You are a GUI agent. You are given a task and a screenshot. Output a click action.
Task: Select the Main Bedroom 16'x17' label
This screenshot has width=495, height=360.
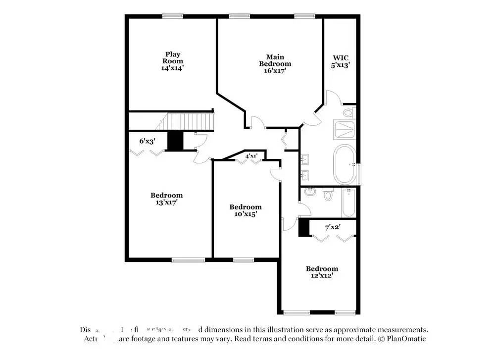tap(275, 64)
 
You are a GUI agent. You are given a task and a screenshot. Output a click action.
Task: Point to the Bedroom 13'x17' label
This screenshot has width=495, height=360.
tap(166, 199)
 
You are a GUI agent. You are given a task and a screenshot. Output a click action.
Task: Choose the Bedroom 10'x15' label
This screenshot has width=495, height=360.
tap(245, 210)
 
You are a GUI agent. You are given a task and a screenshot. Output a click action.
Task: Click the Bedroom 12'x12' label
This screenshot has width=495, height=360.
tap(321, 272)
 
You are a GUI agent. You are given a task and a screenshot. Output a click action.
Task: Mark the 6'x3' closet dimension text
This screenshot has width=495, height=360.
tap(148, 141)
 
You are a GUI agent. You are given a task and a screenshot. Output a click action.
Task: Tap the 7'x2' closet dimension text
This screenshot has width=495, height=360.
tap(333, 228)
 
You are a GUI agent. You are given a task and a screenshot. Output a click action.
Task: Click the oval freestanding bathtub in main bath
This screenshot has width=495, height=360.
tap(344, 164)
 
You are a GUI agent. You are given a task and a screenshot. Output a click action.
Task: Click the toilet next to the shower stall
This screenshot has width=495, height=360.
tap(349, 113)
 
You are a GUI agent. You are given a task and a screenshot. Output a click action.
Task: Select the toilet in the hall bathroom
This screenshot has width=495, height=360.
tap(328, 195)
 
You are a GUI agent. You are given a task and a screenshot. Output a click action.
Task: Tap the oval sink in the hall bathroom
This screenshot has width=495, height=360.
tap(311, 191)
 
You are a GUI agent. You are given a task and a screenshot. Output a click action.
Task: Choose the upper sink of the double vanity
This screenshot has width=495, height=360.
tap(306, 159)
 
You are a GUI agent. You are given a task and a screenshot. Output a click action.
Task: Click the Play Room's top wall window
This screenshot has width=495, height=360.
tap(173, 15)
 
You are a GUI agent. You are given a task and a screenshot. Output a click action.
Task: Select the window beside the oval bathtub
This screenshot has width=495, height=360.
tap(360, 173)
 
